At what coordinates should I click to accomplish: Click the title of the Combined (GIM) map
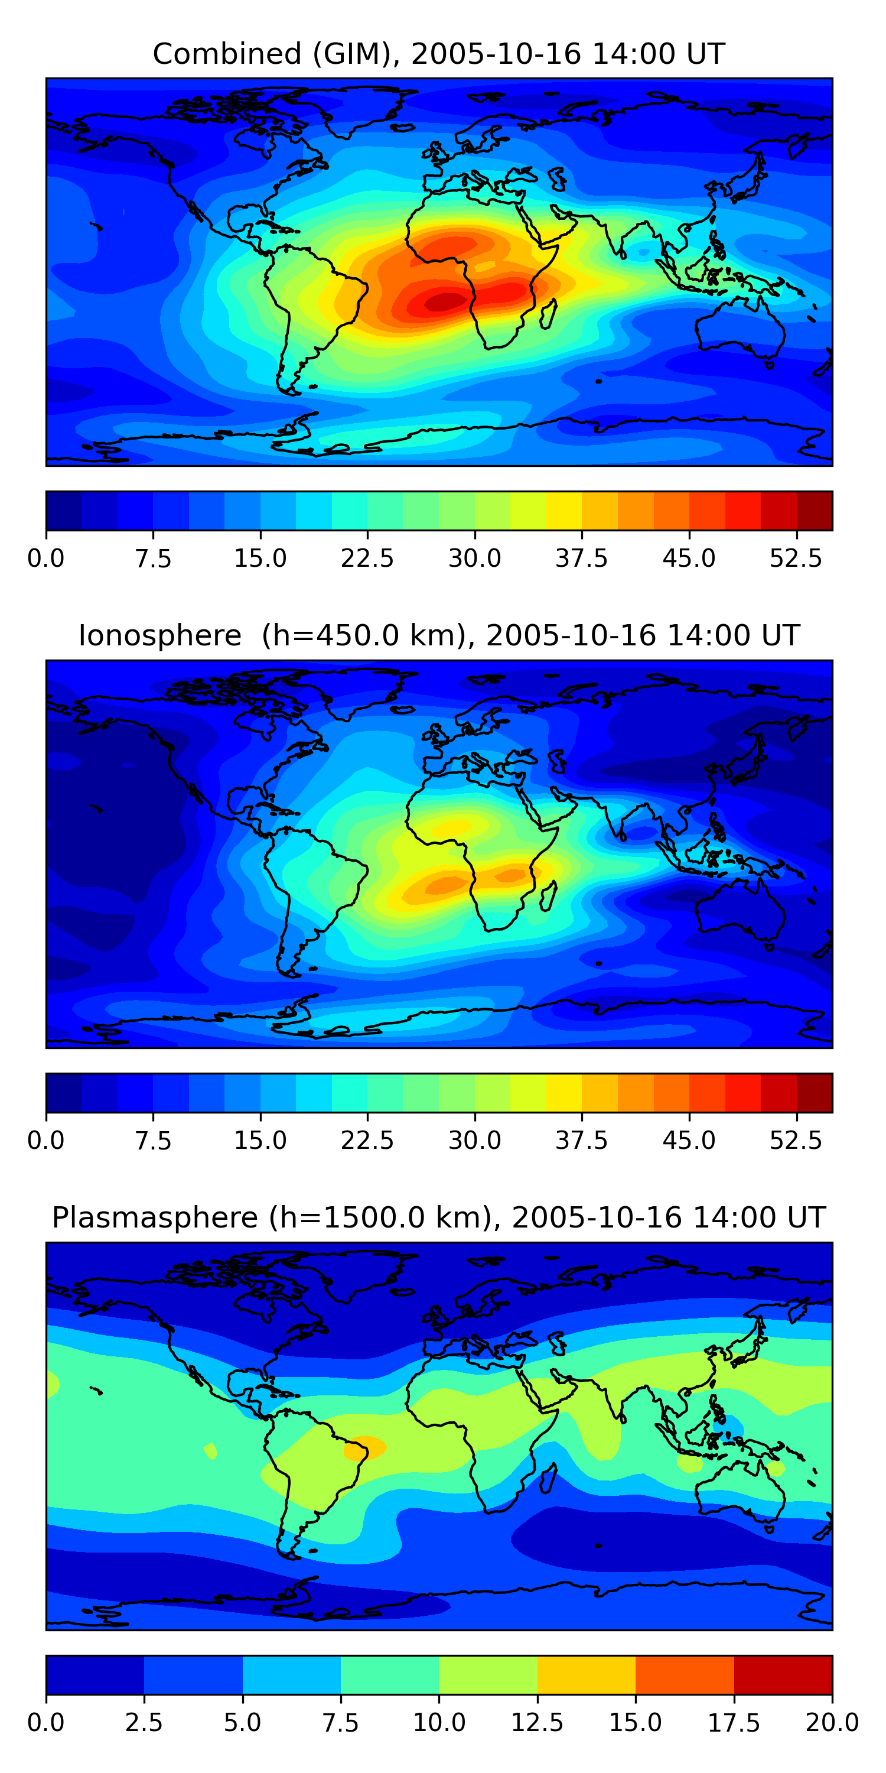point(439,54)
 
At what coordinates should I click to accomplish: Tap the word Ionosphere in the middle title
point(159,635)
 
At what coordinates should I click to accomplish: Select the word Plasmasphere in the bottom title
point(155,1217)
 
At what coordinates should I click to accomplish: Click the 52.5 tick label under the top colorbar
point(796,558)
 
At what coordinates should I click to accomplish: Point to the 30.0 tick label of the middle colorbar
point(475,1141)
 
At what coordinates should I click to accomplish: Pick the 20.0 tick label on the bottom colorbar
point(832,1723)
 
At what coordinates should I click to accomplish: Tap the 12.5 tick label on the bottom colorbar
point(538,1723)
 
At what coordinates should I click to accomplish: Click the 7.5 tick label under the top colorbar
point(153,558)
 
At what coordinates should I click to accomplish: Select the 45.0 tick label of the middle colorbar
point(689,1141)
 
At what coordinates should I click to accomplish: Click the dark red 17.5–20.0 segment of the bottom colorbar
point(783,1674)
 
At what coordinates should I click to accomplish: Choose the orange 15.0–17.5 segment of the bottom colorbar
point(685,1674)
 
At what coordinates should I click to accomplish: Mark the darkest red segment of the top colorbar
point(815,511)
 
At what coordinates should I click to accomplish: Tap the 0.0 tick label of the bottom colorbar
point(46,1723)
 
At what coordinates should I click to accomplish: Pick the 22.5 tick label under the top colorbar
point(367,558)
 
